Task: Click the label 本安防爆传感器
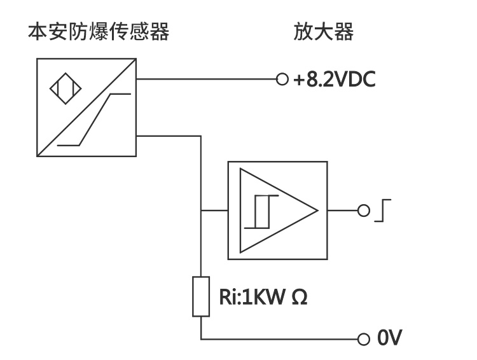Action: tap(99, 32)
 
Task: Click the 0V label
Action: tap(390, 338)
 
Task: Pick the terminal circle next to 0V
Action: tap(363, 338)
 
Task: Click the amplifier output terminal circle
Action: tap(363, 211)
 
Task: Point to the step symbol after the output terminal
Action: tap(381, 211)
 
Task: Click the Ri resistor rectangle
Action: tap(200, 296)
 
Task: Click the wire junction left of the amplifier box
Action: tap(200, 211)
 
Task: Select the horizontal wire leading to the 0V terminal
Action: tap(280, 338)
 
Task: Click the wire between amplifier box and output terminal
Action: tap(343, 211)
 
